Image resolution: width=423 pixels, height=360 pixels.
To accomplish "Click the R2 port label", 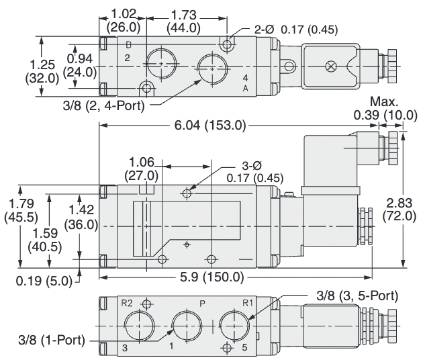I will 126,303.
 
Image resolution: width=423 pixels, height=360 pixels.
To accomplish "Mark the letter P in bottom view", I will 202,303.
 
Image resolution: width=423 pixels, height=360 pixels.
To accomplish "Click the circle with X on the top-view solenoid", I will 329,66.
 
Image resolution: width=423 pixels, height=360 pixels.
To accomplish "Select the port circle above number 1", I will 185,324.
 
